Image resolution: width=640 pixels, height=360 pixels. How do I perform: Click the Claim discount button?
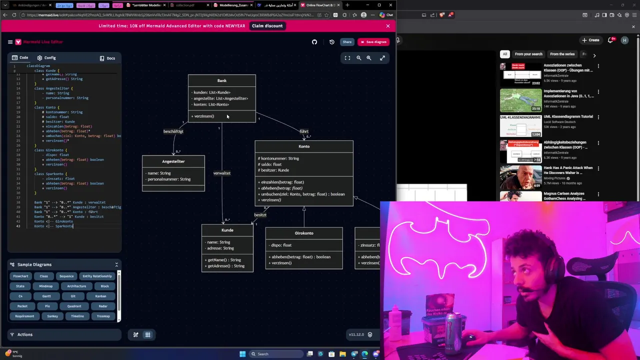pos(267,26)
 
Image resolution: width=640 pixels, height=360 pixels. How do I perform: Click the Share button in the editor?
pos(347,42)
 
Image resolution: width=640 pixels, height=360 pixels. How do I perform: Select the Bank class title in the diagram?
pos(222,80)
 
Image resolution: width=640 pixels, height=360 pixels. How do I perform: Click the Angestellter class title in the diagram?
pos(173,161)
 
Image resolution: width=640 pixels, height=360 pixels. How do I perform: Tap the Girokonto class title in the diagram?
pos(304,233)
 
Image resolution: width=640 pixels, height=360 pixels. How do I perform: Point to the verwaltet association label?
pos(221,173)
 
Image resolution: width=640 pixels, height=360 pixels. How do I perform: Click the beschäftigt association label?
pos(173,131)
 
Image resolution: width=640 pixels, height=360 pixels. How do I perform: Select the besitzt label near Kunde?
pos(260,215)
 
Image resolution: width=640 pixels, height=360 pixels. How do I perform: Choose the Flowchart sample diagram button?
pos(20,276)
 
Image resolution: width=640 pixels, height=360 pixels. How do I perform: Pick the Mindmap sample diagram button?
pos(45,286)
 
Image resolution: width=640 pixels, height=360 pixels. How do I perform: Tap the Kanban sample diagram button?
pos(100,296)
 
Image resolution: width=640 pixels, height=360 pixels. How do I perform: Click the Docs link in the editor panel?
pos(107,58)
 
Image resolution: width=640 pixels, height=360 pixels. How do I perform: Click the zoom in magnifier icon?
pos(369,58)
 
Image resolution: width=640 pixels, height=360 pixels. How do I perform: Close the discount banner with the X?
pos(387,26)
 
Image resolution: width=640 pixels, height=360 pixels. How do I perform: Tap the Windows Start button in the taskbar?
pos(242,354)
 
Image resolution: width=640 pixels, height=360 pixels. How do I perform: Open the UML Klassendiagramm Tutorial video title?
pos(568,116)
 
